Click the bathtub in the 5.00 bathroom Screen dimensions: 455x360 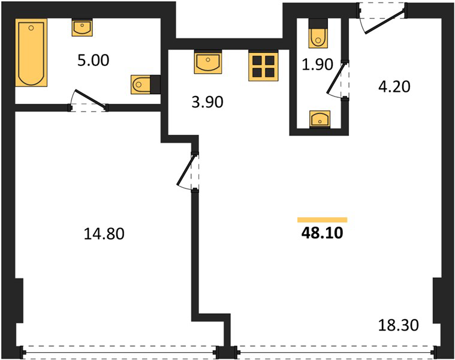tap(31, 53)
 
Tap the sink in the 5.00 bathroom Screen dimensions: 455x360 tap(82, 27)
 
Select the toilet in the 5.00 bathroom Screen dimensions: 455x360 tap(146, 85)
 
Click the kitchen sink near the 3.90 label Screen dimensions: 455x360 tap(208, 62)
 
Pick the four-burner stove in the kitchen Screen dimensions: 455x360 tap(264, 65)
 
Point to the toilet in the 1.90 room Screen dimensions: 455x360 tap(318, 33)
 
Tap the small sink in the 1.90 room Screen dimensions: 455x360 tap(320, 119)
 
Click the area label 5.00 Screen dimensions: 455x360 tap(93, 61)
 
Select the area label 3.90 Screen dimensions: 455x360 tap(207, 102)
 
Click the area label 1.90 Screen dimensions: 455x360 tap(318, 64)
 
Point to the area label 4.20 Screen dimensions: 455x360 tap(394, 86)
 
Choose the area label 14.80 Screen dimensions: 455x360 tap(104, 234)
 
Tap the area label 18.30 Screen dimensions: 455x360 tap(399, 325)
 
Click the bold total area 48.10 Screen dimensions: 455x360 tap(322, 233)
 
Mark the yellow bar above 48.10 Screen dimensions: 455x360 tap(322, 220)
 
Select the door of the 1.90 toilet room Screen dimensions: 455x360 tap(338, 79)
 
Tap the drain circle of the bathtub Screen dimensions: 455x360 tap(31, 28)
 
